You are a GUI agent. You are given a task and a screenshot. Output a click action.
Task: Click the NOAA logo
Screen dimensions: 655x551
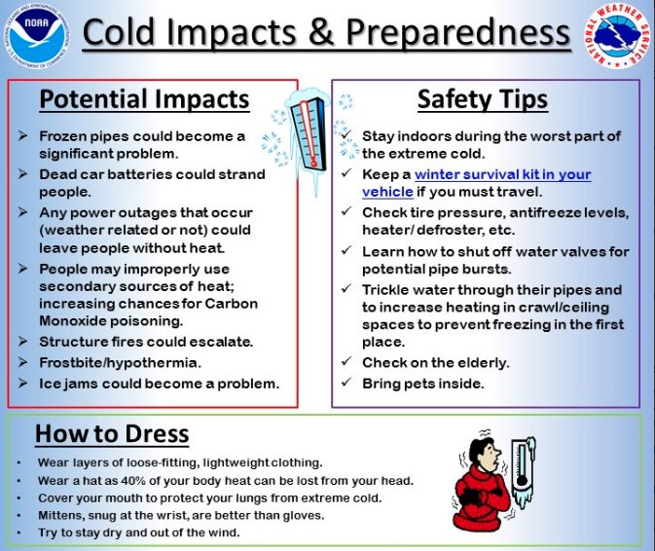pyautogui.click(x=37, y=37)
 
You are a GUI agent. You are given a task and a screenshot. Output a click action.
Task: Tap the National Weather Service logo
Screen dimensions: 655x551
pyautogui.click(x=618, y=37)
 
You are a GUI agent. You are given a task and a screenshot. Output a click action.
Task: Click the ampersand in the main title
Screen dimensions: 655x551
pyautogui.click(x=321, y=32)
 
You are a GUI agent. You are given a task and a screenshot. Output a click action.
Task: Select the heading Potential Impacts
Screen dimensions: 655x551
pyautogui.click(x=145, y=99)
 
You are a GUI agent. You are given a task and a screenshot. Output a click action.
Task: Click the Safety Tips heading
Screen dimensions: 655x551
pyautogui.click(x=483, y=99)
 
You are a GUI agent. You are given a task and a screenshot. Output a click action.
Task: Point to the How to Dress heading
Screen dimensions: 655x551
pyautogui.click(x=112, y=433)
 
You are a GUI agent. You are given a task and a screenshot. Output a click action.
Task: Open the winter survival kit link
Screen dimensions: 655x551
pyautogui.click(x=477, y=183)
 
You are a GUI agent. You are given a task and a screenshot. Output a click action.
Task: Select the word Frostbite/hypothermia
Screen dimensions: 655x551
pyautogui.click(x=121, y=362)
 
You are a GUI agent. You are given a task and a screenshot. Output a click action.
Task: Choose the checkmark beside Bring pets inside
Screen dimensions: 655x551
pyautogui.click(x=346, y=382)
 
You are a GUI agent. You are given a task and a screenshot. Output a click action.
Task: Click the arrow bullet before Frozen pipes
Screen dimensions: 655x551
pyautogui.click(x=23, y=135)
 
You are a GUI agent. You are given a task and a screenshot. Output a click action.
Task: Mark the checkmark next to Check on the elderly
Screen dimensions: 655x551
pyautogui.click(x=346, y=360)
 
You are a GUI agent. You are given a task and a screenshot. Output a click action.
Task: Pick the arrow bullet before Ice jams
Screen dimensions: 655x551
pyautogui.click(x=23, y=383)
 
